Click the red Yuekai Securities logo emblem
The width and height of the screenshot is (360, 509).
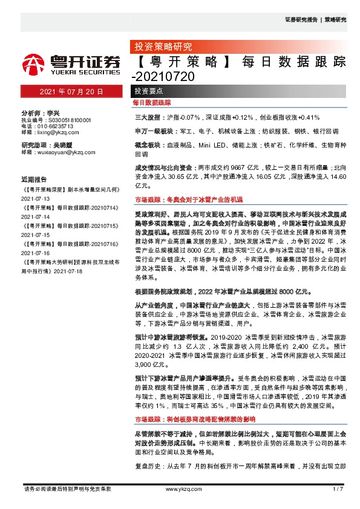click(33, 63)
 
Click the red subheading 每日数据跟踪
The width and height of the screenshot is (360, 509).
click(152, 104)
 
